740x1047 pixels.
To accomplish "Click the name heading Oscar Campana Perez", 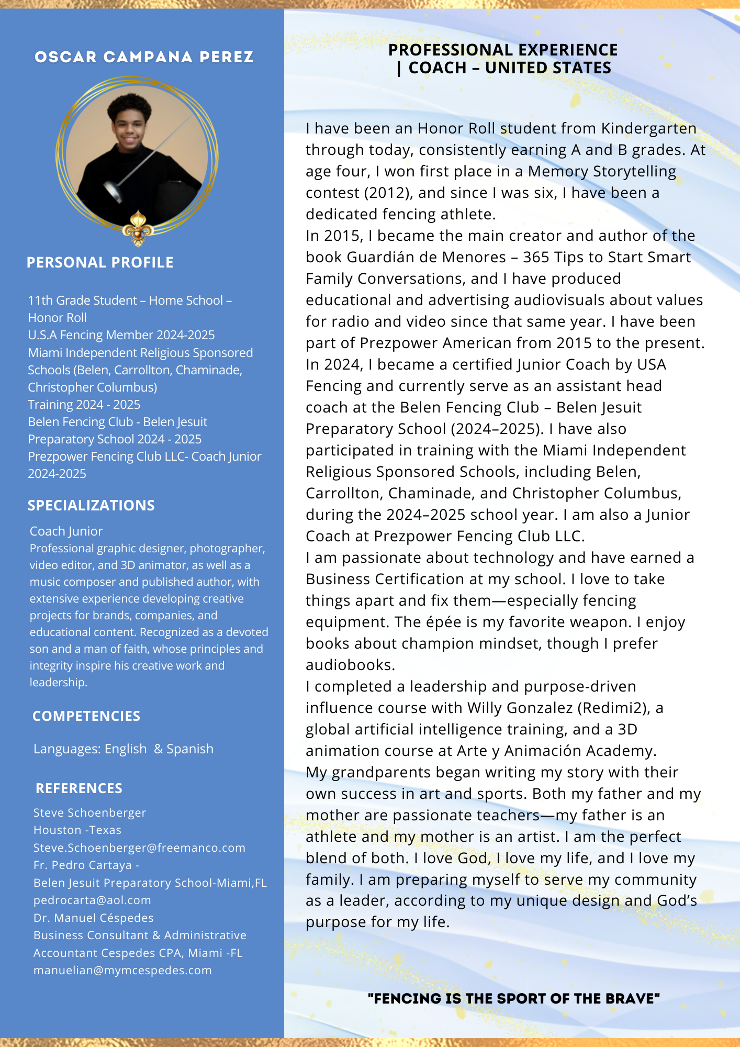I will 144,57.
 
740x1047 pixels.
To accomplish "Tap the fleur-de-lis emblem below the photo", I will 138,228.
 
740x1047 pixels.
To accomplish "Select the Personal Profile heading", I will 100,263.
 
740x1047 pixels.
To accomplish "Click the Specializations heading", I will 91,506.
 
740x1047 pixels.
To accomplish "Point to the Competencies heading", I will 86,716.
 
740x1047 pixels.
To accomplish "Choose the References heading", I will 79,788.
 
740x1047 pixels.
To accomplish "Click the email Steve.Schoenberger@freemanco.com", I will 139,848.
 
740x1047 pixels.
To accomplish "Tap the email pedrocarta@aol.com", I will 92,900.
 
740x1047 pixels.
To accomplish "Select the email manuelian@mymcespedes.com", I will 122,971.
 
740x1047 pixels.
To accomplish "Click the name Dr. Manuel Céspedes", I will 94,918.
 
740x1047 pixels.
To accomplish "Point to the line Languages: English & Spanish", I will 124,749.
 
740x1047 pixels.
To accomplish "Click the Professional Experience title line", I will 503,50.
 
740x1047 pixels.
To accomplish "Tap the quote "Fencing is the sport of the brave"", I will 514,999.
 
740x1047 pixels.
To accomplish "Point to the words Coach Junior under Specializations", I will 66,531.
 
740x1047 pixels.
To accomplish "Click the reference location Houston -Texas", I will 77,830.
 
